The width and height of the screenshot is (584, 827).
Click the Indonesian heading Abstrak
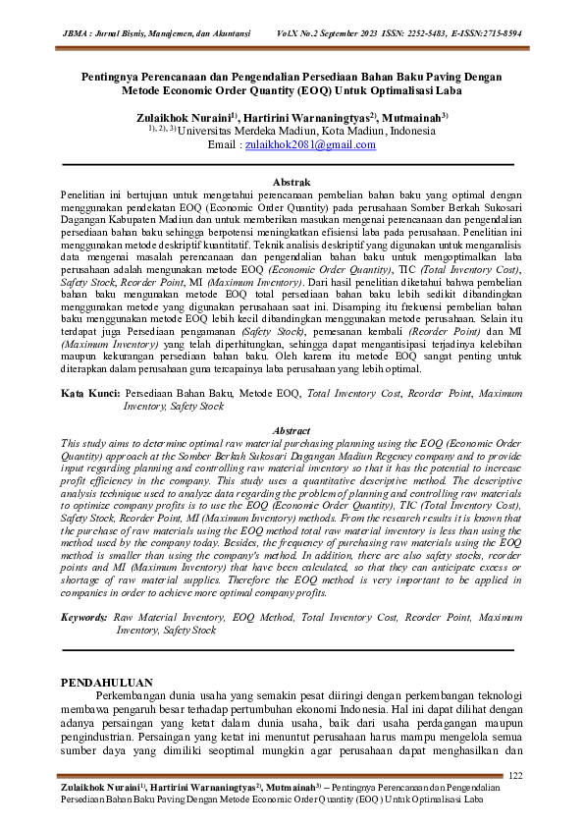click(292, 182)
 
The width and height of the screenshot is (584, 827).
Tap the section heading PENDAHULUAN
click(106, 680)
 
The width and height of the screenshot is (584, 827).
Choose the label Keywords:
click(85, 618)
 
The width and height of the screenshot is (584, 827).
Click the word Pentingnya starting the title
click(114, 76)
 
